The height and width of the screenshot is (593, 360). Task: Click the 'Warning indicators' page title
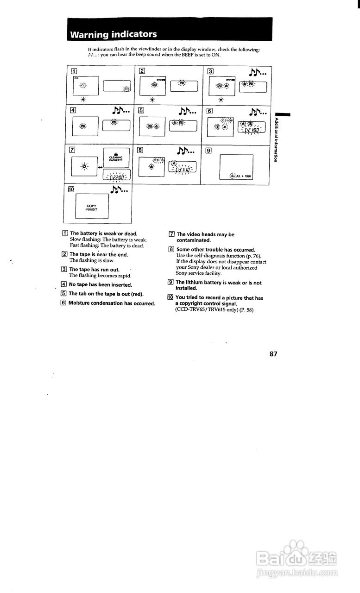114,34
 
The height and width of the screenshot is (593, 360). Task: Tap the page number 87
273,353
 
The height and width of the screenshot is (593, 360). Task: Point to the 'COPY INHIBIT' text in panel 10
91,207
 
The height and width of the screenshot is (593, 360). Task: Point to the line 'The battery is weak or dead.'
103,233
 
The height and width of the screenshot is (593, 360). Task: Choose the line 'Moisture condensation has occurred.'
112,303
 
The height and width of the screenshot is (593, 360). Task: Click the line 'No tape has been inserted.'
100,284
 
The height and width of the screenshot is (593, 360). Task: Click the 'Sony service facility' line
196,273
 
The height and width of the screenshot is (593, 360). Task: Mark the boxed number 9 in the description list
171,282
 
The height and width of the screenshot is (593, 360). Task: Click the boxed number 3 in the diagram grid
210,71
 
